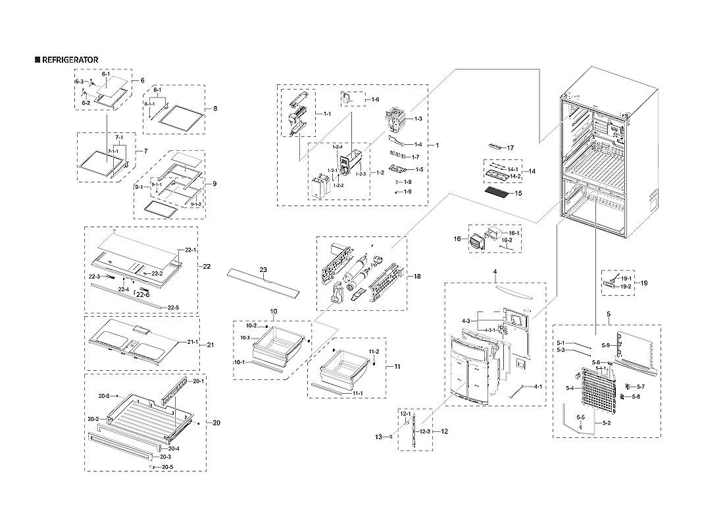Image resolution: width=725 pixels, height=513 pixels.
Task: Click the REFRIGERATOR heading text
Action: pos(70,60)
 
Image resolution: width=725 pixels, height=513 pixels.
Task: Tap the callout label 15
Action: pos(518,194)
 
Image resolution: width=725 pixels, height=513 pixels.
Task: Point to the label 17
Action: pos(510,148)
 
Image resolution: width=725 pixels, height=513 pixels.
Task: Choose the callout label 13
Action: pos(378,436)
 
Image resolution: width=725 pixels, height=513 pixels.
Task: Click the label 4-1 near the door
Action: pos(537,387)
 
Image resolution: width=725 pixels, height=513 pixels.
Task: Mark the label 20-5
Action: pos(168,467)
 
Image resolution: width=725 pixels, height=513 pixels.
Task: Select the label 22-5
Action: pos(173,308)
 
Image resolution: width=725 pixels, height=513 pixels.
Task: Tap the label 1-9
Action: pos(408,192)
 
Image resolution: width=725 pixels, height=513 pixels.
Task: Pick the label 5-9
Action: pos(605,345)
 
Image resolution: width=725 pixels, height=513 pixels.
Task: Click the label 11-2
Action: pos(374,352)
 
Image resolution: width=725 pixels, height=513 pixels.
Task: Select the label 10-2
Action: pos(251,326)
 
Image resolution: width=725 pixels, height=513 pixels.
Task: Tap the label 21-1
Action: pos(192,342)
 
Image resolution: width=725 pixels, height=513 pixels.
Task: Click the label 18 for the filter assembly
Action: pos(416,277)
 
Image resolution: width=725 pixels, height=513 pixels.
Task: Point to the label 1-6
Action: pos(375,99)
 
